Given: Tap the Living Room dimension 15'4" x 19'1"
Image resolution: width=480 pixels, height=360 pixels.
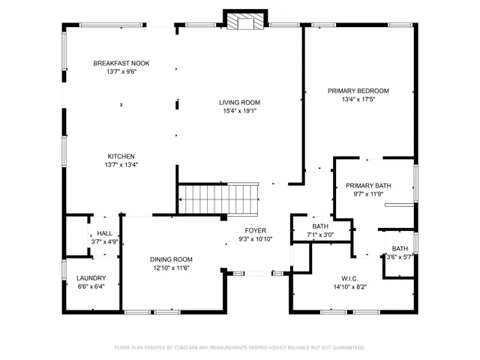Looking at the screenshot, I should (x=239, y=111).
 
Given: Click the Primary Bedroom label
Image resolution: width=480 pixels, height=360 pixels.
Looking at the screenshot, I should (x=358, y=91).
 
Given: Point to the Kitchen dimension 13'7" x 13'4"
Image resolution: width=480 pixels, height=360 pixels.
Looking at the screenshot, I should (x=121, y=165).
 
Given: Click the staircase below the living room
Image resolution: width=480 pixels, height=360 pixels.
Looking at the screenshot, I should (x=219, y=199).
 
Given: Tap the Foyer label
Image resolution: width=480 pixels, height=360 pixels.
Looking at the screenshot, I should (x=255, y=230).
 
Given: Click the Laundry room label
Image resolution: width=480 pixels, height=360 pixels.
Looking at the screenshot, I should (x=91, y=277).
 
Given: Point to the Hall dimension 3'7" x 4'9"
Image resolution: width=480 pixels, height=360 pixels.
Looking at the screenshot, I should (x=104, y=242).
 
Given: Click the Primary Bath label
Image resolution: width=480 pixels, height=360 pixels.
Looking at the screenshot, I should (x=367, y=185).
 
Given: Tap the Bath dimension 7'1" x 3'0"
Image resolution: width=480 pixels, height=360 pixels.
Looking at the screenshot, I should (x=320, y=235).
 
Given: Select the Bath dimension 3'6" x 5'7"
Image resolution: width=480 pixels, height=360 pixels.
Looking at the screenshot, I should (x=400, y=257).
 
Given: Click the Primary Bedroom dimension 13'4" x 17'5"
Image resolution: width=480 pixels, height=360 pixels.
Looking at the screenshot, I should (x=358, y=99).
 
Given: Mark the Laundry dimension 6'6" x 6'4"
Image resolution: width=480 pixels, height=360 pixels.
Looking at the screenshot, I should (x=91, y=286).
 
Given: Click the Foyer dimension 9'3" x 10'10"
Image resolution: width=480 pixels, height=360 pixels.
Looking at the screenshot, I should (x=255, y=239).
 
